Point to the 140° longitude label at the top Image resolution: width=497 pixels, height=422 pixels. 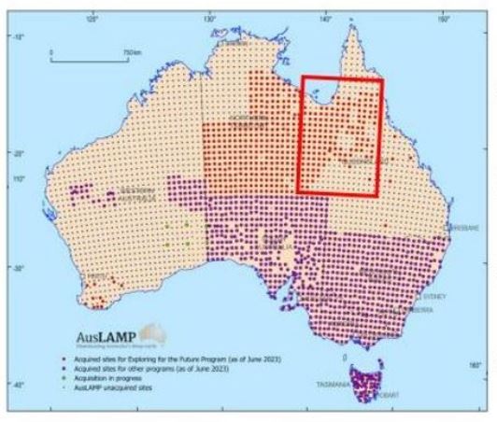point(327,16)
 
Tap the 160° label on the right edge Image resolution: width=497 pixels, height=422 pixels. point(474,365)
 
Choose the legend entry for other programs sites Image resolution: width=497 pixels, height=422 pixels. point(172,367)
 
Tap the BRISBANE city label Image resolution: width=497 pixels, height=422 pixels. point(463,227)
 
